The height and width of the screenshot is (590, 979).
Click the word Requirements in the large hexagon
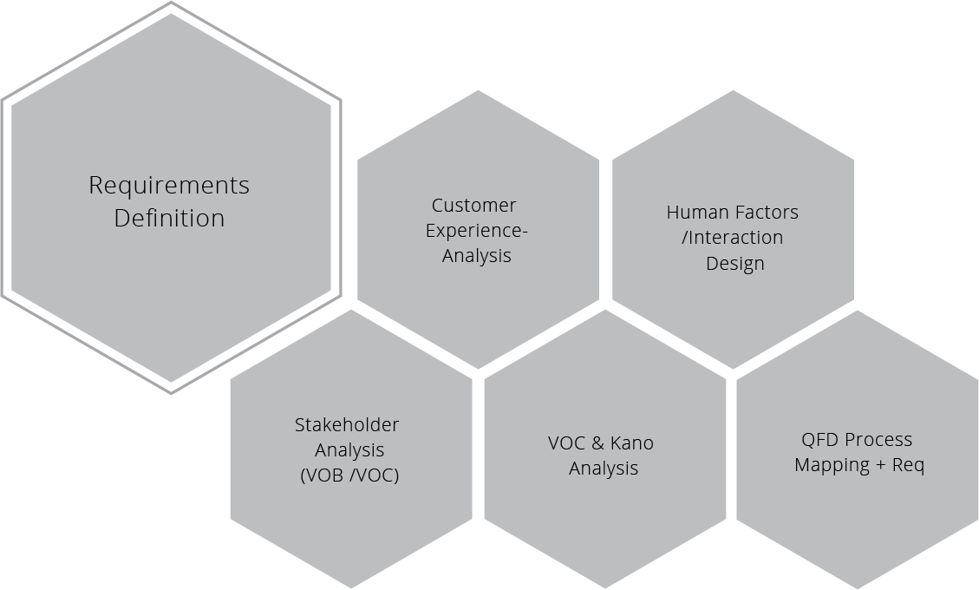pyautogui.click(x=169, y=186)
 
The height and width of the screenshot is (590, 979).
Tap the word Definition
pyautogui.click(x=169, y=218)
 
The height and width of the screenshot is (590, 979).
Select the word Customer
pyautogui.click(x=473, y=206)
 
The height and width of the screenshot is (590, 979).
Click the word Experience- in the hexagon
pyautogui.click(x=476, y=231)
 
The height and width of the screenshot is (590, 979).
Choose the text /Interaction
pyautogui.click(x=733, y=238)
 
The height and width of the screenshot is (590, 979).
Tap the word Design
pyautogui.click(x=734, y=264)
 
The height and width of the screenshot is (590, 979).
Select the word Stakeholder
pyautogui.click(x=347, y=425)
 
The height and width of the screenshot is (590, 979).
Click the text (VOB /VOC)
pyautogui.click(x=349, y=475)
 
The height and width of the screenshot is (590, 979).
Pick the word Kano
pyautogui.click(x=631, y=443)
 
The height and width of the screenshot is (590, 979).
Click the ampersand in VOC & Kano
pyautogui.click(x=597, y=443)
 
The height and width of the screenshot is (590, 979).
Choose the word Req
pyautogui.click(x=908, y=466)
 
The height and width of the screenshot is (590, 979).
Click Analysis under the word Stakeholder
pyautogui.click(x=349, y=450)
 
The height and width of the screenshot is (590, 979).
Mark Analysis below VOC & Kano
pyautogui.click(x=604, y=469)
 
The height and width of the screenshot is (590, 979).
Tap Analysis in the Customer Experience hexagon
pyautogui.click(x=476, y=256)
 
